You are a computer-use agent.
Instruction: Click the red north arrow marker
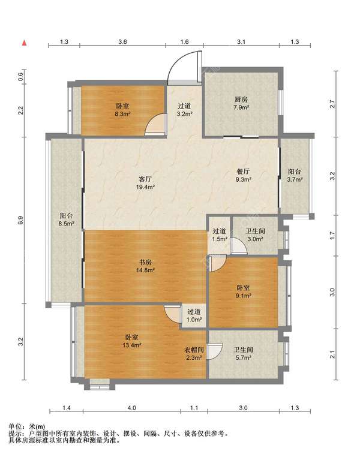point(25,43)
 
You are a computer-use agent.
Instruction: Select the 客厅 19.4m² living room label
point(145,183)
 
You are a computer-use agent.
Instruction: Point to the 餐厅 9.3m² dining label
point(244,175)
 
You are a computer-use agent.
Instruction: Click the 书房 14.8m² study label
point(145,266)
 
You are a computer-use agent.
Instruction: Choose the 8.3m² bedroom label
point(122,110)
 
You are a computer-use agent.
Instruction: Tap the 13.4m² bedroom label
point(132,341)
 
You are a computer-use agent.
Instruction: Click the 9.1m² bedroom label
point(244,291)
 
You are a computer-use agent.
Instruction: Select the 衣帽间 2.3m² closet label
point(194,353)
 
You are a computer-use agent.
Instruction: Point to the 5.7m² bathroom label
point(244,353)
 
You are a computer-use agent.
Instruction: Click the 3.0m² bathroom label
point(256,235)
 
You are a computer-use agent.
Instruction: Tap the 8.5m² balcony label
point(66,220)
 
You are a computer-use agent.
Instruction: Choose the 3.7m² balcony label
point(295,176)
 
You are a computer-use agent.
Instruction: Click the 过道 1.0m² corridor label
point(194,315)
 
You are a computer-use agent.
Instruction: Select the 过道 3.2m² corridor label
point(184,110)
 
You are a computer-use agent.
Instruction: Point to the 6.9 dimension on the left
point(20,220)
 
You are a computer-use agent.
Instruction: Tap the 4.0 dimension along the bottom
point(132,408)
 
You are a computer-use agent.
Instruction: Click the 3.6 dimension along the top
point(123,41)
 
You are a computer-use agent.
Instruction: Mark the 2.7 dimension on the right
point(332,104)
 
